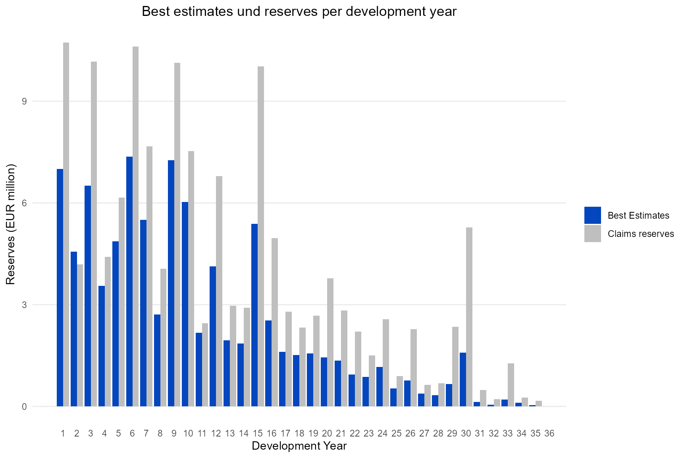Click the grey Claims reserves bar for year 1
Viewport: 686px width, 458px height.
(x=66, y=225)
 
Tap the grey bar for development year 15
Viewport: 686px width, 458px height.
(x=261, y=237)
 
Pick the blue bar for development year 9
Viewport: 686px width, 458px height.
(x=171, y=283)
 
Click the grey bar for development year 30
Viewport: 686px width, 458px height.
(x=469, y=317)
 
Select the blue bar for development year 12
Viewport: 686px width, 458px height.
(x=213, y=336)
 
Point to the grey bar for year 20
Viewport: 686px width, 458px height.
(x=330, y=342)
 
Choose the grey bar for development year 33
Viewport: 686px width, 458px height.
(x=511, y=385)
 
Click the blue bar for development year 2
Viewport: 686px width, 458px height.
(x=74, y=329)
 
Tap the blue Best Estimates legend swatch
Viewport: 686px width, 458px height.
(x=592, y=215)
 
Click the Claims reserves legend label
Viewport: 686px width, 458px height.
(x=641, y=234)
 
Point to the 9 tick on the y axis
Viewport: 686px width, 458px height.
(x=24, y=101)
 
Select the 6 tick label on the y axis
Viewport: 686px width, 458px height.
(x=24, y=203)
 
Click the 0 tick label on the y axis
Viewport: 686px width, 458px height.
(x=24, y=407)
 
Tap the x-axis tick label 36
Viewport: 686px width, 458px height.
(x=549, y=433)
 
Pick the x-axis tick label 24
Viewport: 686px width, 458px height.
(x=382, y=433)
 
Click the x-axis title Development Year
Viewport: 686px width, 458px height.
(x=299, y=446)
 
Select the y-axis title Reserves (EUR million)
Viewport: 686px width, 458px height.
(x=11, y=224)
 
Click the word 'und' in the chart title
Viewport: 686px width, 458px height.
(x=250, y=12)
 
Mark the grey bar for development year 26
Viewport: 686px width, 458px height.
(x=414, y=368)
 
